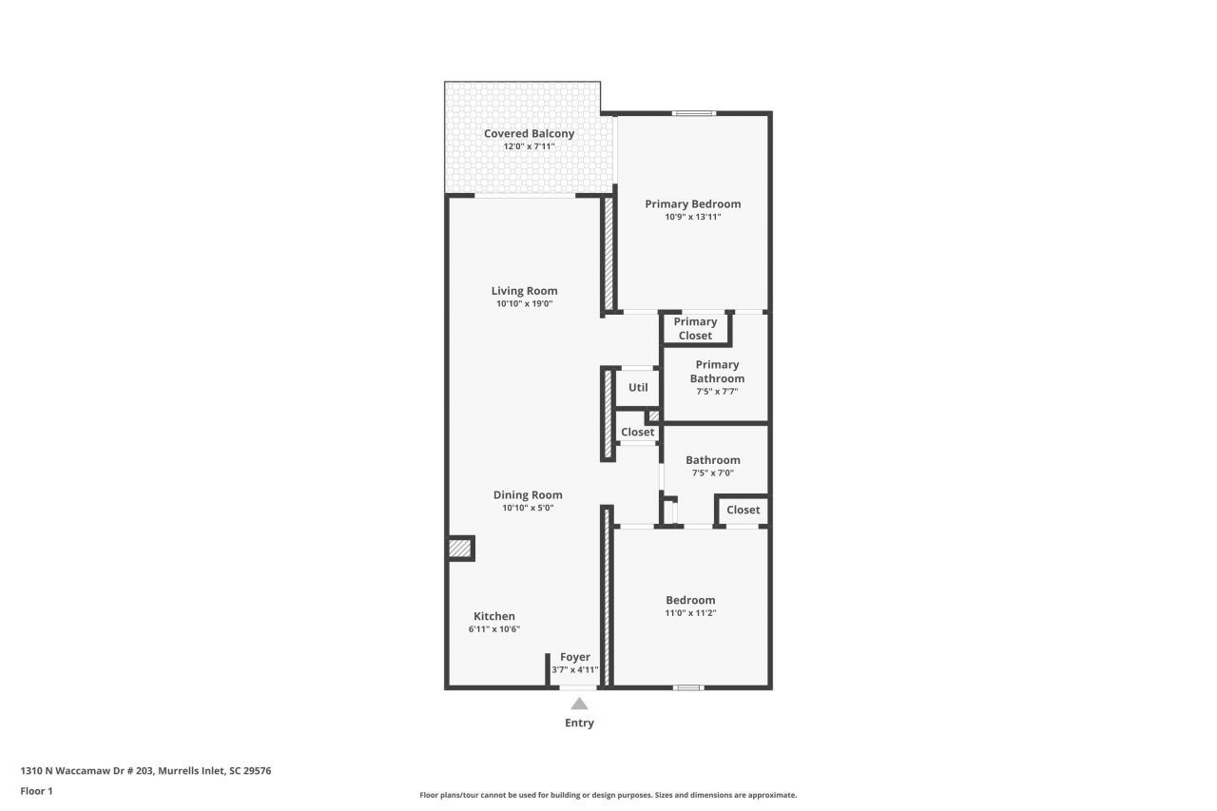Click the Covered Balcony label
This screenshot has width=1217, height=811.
point(529,134)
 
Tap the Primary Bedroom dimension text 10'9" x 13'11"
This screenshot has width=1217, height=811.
point(693,217)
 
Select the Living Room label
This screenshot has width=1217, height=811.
point(524,291)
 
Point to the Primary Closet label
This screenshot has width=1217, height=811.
point(695,329)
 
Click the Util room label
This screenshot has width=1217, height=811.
point(638,387)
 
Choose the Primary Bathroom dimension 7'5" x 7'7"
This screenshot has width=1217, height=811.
point(717,391)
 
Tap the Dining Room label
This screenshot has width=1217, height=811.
point(528,494)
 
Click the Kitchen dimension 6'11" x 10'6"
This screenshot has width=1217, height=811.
point(493,629)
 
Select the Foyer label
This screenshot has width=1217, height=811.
point(575,657)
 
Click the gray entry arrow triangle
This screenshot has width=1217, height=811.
point(579,704)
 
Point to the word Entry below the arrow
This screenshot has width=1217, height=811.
point(579,723)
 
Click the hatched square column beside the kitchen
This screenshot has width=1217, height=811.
point(460,548)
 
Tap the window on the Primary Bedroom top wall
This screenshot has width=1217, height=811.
point(694,113)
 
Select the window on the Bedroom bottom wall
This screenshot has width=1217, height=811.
point(688,687)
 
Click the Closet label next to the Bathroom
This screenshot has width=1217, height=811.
point(743,510)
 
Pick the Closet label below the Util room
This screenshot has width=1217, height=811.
point(637,433)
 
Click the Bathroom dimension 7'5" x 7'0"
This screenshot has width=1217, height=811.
point(713,473)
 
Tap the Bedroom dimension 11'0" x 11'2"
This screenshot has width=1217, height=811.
point(690,613)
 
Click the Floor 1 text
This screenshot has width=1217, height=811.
point(36,791)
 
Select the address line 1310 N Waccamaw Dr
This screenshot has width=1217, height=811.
point(145,771)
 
